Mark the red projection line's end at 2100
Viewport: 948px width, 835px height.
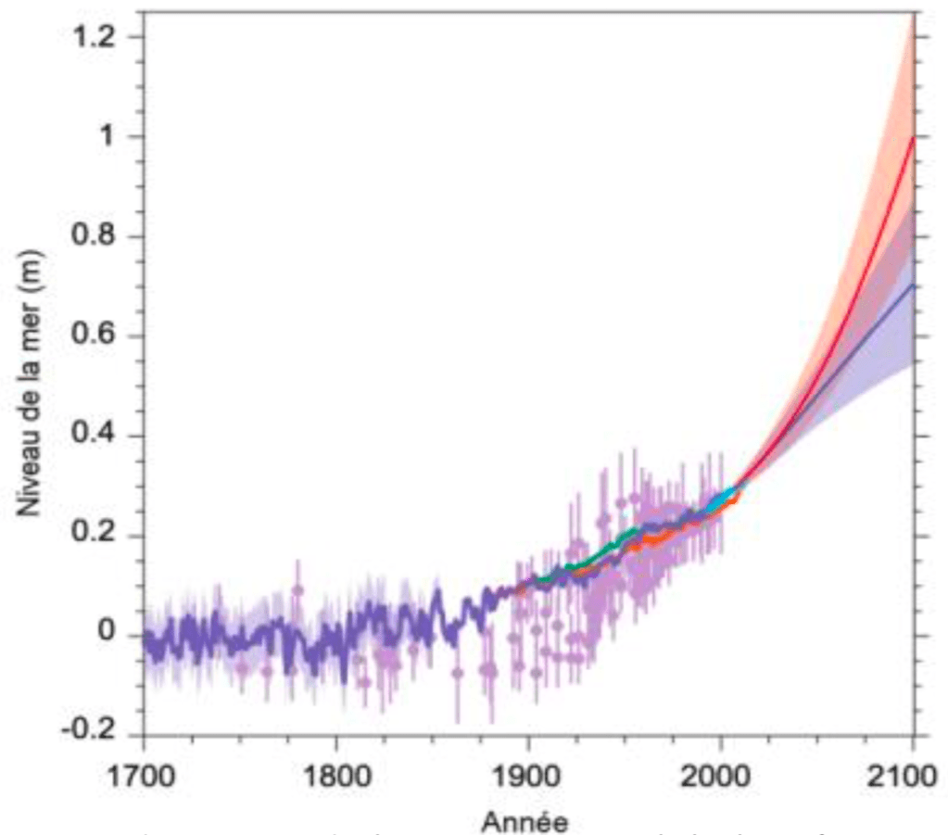point(914,138)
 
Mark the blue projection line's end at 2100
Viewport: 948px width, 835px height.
point(914,285)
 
